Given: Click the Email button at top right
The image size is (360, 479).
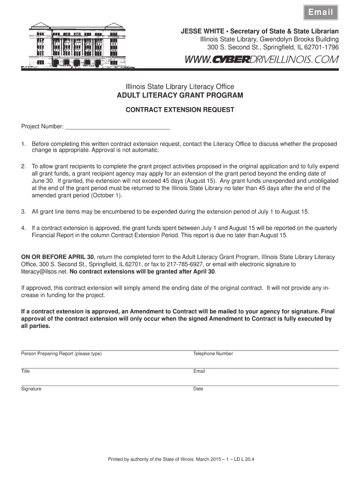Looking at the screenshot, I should click(320, 13).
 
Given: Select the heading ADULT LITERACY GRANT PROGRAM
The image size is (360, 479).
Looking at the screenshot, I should click(180, 95).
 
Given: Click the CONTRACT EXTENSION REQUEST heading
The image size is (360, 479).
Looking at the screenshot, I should click(180, 110).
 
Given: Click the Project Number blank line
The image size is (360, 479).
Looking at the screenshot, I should click(117, 126).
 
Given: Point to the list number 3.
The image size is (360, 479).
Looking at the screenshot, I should click(23, 212).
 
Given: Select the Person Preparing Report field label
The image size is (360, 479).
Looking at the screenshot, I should click(61, 354).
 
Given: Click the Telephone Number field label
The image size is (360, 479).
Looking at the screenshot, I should click(213, 354).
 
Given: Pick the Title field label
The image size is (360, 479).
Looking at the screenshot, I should click(25, 371).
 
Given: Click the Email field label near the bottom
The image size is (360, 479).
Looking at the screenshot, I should click(199, 371).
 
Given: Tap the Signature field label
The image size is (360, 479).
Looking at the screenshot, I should click(31, 389).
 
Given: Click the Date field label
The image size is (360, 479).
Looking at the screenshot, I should click(198, 389).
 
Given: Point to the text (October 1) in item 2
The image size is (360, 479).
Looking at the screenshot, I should click(107, 195).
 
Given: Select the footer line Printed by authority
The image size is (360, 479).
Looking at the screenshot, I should click(180, 458).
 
